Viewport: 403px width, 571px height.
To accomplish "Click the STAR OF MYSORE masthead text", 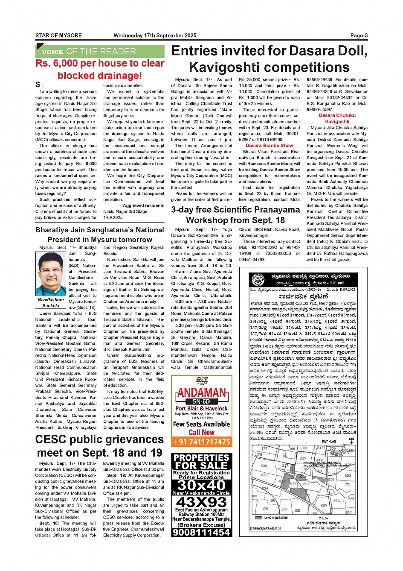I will (x=58, y=35).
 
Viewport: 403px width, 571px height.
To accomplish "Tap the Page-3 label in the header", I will (x=359, y=35).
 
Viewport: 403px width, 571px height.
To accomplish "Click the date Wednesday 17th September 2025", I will (x=155, y=35).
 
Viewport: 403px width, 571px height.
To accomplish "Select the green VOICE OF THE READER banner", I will (x=100, y=51).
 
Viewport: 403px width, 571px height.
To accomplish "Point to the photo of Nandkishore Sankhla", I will (x=51, y=274).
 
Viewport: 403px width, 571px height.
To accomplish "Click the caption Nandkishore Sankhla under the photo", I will (x=51, y=302).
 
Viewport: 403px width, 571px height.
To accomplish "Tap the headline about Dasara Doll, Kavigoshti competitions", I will (x=269, y=59).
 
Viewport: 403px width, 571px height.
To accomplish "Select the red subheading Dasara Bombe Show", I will (x=269, y=145).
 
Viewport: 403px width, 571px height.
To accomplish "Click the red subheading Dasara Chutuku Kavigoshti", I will (x=337, y=118).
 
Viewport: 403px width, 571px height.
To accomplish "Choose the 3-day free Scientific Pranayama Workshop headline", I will (x=235, y=215).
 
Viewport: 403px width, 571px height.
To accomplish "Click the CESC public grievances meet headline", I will (x=99, y=446).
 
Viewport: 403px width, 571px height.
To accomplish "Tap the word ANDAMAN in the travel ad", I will (x=201, y=392).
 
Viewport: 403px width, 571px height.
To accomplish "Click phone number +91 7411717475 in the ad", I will (x=201, y=442).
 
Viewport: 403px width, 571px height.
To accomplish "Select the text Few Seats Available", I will (x=201, y=424).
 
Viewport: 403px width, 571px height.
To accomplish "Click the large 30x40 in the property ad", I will (x=201, y=485).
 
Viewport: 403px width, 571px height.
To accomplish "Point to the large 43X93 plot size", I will (x=201, y=502).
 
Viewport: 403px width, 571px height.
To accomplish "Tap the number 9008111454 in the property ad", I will (x=201, y=532).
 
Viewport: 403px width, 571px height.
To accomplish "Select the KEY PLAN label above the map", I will (x=329, y=441).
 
